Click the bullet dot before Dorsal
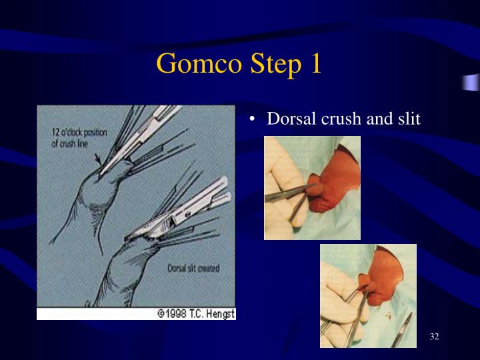[253, 119]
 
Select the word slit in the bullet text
[407, 119]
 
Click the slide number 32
[434, 336]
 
